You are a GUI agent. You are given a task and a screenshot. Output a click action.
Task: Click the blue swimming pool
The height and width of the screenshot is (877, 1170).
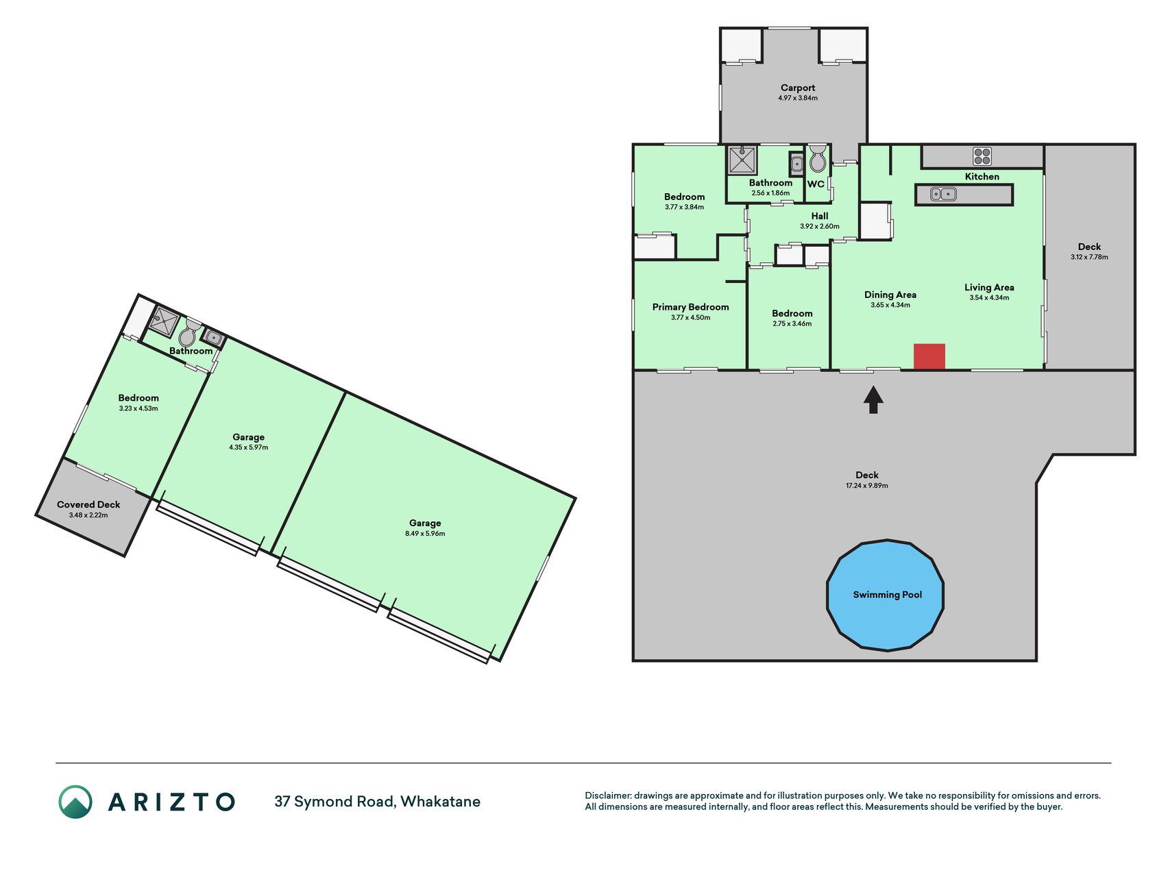(x=886, y=595)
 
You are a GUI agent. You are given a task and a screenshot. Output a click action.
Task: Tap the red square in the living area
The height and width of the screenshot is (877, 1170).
(x=929, y=356)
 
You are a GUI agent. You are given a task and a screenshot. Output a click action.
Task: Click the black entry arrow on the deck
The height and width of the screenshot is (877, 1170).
(x=873, y=400)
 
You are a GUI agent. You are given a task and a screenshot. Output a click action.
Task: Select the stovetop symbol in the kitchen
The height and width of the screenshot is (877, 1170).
(x=982, y=156)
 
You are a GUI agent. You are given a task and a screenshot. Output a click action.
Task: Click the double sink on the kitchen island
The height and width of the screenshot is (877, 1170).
(x=943, y=195)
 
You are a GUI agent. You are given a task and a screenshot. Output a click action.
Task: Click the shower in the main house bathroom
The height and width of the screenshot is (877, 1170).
(x=742, y=160)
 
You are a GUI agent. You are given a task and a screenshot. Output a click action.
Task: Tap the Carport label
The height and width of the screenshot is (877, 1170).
(x=798, y=88)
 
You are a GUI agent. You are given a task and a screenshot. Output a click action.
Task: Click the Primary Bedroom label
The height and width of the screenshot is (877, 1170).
(x=690, y=307)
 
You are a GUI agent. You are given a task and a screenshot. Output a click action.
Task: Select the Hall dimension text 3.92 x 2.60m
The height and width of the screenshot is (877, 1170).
(x=820, y=226)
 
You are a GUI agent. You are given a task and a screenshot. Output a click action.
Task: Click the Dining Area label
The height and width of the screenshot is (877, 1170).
(x=890, y=295)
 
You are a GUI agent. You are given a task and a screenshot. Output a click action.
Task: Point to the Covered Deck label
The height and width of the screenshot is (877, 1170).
(x=88, y=504)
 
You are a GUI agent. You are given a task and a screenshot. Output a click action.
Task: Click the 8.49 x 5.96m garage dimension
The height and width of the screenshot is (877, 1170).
(x=425, y=533)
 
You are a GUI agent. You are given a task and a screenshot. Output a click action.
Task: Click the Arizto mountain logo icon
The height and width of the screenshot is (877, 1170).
(x=75, y=802)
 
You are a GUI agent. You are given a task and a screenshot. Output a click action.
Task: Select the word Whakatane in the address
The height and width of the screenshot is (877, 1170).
(x=440, y=802)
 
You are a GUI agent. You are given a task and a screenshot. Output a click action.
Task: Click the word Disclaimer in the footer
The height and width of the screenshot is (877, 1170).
(x=607, y=795)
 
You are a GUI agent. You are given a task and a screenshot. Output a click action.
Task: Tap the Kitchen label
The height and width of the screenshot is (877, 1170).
(x=982, y=177)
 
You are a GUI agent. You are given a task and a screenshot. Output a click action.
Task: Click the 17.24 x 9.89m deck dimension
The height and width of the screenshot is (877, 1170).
(x=867, y=485)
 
